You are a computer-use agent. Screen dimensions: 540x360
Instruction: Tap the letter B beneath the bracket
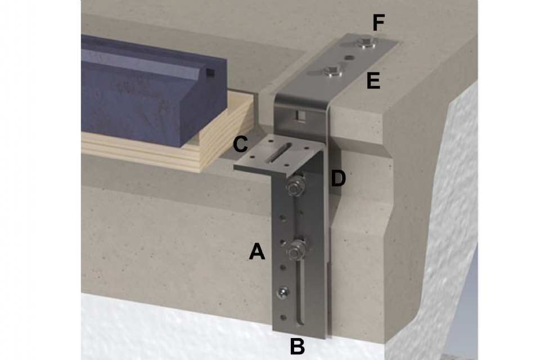coord(297,346)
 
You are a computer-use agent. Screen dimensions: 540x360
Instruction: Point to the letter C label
coord(240,144)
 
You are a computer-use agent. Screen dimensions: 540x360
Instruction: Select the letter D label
coord(338,178)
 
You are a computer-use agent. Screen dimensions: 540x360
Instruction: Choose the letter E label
coord(373,82)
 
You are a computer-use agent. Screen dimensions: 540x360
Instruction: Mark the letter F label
coord(379,22)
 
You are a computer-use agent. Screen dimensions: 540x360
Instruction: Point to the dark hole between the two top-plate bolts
coord(349,57)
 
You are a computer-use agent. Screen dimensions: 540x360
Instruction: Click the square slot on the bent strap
coord(300,115)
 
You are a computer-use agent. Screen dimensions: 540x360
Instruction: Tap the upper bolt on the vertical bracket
coord(295,186)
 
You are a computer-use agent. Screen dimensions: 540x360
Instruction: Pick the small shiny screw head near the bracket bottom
coord(283,292)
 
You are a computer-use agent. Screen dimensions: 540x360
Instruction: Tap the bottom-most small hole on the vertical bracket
coord(283,317)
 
